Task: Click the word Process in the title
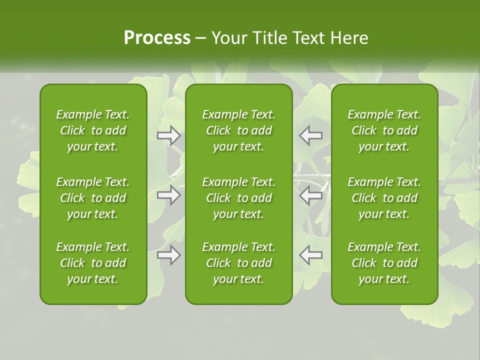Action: coord(157,37)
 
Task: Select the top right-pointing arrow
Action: coord(169,135)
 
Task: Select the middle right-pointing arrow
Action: coord(169,195)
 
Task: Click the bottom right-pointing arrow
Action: coord(169,255)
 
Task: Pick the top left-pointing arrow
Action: coord(310,135)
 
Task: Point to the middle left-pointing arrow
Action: coord(310,195)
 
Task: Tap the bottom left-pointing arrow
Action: coord(310,255)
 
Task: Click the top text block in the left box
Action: coord(93,130)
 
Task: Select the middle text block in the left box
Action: coord(93,198)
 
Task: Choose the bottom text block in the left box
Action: coord(93,263)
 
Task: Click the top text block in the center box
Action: coord(238,130)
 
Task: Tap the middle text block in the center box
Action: coord(238,198)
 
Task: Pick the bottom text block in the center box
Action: coord(238,263)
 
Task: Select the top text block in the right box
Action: coord(384,130)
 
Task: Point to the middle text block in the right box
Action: coord(384,198)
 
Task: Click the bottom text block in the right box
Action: coord(384,263)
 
